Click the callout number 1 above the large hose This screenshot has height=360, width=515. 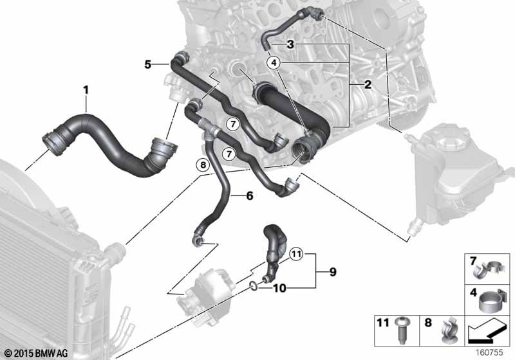pyautogui.click(x=86, y=90)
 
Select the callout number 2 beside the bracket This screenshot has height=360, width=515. pyautogui.click(x=368, y=85)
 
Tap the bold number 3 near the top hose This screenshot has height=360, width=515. pyautogui.click(x=290, y=44)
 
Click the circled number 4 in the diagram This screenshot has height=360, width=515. pyautogui.click(x=274, y=62)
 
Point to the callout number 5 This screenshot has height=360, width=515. pyautogui.click(x=148, y=64)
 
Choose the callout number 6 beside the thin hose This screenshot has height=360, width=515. pyautogui.click(x=250, y=196)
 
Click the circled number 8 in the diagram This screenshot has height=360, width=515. pyautogui.click(x=203, y=165)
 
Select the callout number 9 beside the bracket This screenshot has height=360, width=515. pyautogui.click(x=333, y=272)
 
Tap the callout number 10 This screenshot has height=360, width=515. pyautogui.click(x=279, y=289)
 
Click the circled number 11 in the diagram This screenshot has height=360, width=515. pyautogui.click(x=296, y=254)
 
